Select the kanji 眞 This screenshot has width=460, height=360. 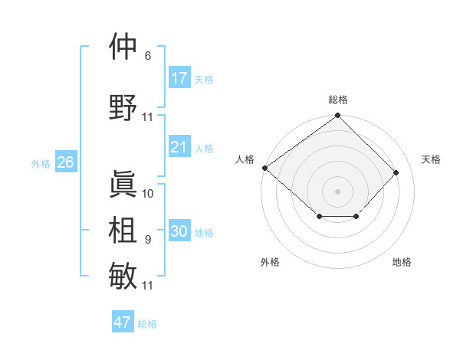[123, 184]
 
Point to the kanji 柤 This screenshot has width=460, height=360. [123, 230]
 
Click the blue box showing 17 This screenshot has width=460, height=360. [179, 78]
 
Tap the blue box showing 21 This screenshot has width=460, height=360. [179, 147]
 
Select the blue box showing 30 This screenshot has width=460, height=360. [179, 231]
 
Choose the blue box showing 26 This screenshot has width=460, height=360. [65, 162]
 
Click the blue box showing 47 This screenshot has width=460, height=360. [123, 322]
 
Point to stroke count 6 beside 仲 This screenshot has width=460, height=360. [148, 56]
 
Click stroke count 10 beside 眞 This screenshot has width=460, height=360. [148, 194]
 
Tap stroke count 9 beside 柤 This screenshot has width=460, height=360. [148, 240]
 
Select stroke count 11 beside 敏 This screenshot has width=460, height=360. [148, 286]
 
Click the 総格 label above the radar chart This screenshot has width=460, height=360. [337, 100]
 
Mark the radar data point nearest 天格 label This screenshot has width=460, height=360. [396, 172]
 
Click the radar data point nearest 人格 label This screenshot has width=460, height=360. [264, 168]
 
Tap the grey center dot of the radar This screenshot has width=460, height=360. [337, 191]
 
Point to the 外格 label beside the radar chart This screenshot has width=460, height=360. [270, 262]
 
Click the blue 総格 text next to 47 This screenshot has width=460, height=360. [147, 324]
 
